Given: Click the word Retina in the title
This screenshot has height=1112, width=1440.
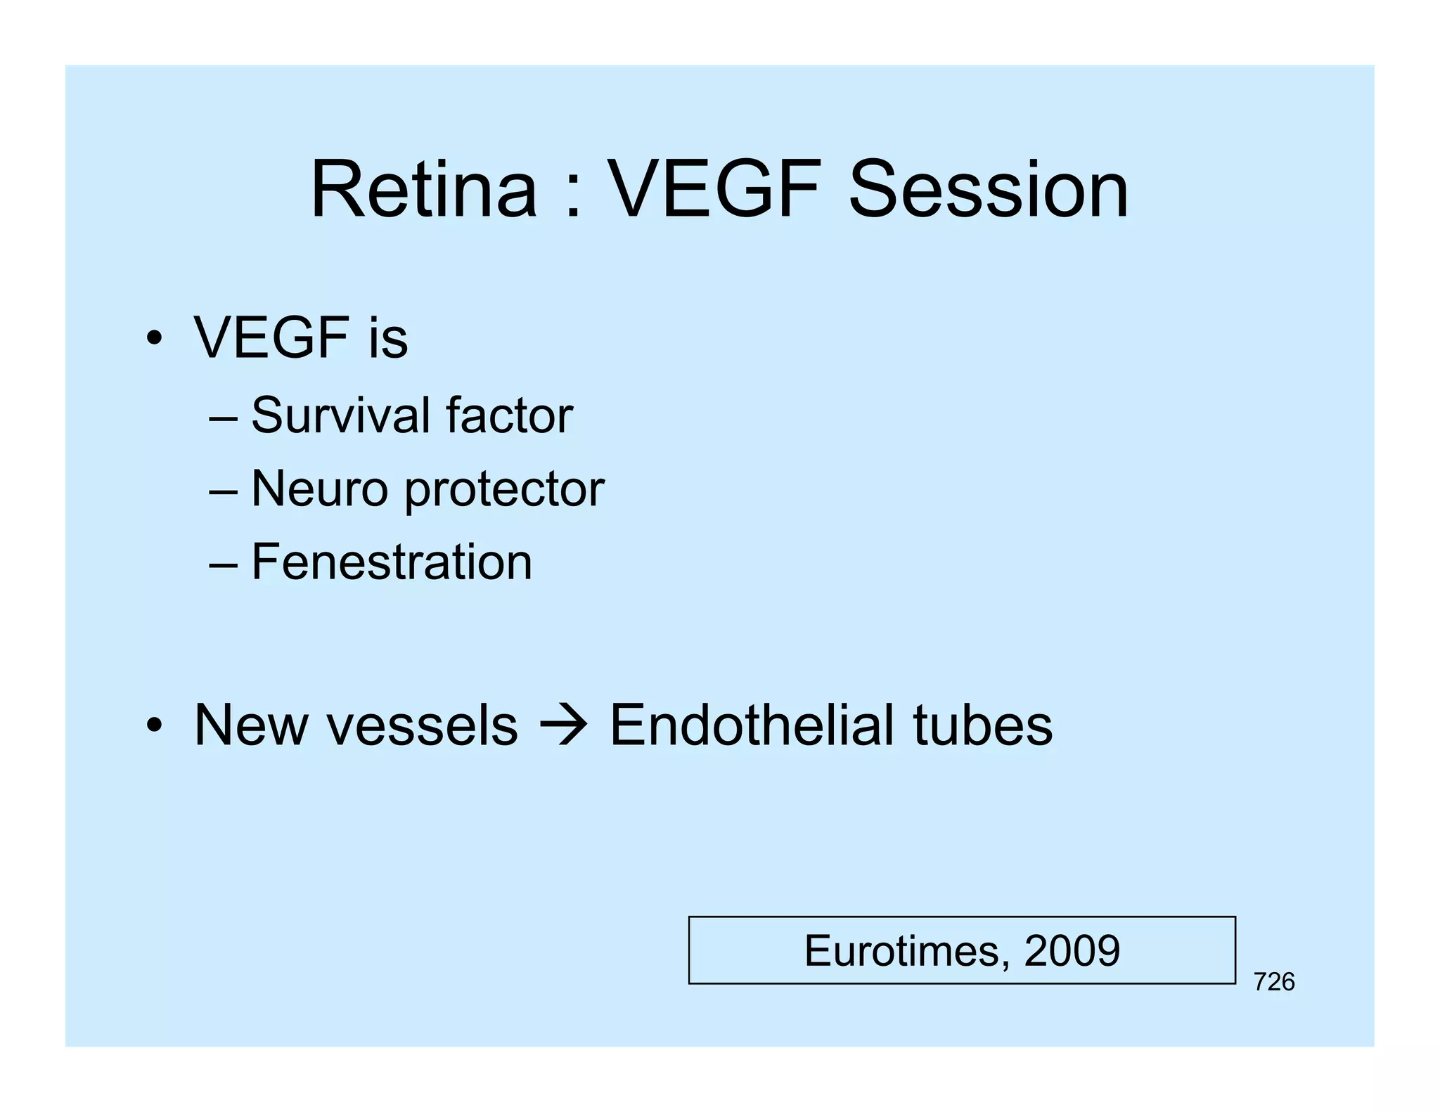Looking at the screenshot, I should (x=423, y=190).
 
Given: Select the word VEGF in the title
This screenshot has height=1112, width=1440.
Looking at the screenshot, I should (x=714, y=190).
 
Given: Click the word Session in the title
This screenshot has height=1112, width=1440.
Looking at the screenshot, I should (x=988, y=190).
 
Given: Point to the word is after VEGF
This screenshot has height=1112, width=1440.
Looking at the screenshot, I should (x=387, y=338).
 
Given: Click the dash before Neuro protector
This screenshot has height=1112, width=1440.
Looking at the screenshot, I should (x=224, y=490).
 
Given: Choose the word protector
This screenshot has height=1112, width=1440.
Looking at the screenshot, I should (x=504, y=490).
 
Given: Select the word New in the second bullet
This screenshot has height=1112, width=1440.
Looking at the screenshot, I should (x=251, y=725).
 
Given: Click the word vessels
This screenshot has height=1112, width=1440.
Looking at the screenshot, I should (x=422, y=725).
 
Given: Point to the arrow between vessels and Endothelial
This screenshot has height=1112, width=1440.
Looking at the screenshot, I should (x=563, y=726).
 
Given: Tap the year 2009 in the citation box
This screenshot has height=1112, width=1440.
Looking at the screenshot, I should (x=1072, y=950).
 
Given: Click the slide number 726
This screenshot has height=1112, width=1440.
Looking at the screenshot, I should (x=1273, y=982).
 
